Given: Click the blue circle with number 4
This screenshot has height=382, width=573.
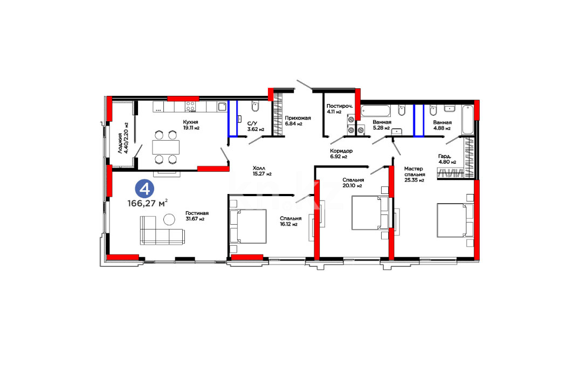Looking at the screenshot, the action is tap(144, 189).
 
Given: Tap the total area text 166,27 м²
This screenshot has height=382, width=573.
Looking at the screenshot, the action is tap(148, 203).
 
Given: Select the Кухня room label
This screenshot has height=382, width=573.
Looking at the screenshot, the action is tap(190, 122).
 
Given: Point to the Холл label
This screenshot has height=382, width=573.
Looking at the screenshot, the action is tap(259, 168).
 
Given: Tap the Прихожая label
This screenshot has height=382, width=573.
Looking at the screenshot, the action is tap(298, 118).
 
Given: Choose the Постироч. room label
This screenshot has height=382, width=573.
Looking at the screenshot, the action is tap(340, 106).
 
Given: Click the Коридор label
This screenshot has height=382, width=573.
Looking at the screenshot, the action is tap(341, 151).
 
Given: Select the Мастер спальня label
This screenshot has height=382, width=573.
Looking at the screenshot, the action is tap(415, 172).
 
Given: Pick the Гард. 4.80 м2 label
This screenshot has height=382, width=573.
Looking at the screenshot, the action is tap(447, 159).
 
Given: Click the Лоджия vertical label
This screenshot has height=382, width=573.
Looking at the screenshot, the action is tap(123, 138).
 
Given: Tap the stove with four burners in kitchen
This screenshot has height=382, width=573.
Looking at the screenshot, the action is tap(190, 106).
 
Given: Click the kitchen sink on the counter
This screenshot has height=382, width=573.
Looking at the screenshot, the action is tap(222, 107).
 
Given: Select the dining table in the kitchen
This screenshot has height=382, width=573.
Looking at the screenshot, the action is tap(166, 147).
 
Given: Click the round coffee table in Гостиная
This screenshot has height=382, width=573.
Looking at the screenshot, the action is tap(169, 219).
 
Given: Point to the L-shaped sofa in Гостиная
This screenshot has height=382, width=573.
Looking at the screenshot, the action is tap(162, 231).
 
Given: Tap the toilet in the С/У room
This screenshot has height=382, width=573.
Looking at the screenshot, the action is tap(255, 106).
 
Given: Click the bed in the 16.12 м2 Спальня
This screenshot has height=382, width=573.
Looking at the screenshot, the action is tap(248, 226).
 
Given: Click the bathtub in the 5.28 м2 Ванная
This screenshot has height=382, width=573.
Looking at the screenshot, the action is tap(376, 111).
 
